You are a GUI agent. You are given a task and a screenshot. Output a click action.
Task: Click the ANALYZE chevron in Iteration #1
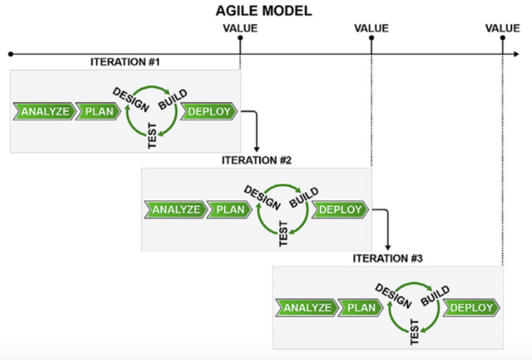(x=42, y=112)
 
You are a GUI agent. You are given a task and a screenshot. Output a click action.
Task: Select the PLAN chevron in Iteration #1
(x=98, y=112)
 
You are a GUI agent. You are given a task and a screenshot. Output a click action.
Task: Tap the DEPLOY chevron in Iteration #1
(x=209, y=112)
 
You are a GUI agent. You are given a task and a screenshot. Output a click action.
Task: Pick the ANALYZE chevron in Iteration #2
(x=174, y=210)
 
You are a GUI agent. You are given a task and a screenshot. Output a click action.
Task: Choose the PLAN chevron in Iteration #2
(x=229, y=210)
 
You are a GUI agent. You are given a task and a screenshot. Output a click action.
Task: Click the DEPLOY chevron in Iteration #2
(x=340, y=210)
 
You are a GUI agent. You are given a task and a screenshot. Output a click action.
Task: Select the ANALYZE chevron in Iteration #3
(x=305, y=308)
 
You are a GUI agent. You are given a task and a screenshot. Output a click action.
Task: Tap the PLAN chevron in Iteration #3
(x=361, y=308)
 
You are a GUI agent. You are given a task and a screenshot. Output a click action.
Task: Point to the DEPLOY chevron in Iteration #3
(x=471, y=308)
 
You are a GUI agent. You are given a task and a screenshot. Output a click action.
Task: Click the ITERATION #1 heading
(x=126, y=63)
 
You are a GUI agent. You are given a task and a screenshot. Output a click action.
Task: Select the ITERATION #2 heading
(x=257, y=160)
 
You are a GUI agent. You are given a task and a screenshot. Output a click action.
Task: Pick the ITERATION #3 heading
(x=388, y=259)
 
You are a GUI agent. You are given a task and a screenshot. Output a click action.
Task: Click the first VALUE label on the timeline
(x=240, y=28)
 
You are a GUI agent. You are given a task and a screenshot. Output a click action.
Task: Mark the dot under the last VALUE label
(x=503, y=38)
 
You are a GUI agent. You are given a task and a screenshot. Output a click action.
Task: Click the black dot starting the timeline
(x=10, y=54)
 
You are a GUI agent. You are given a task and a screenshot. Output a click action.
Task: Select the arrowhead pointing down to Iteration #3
(x=388, y=246)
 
